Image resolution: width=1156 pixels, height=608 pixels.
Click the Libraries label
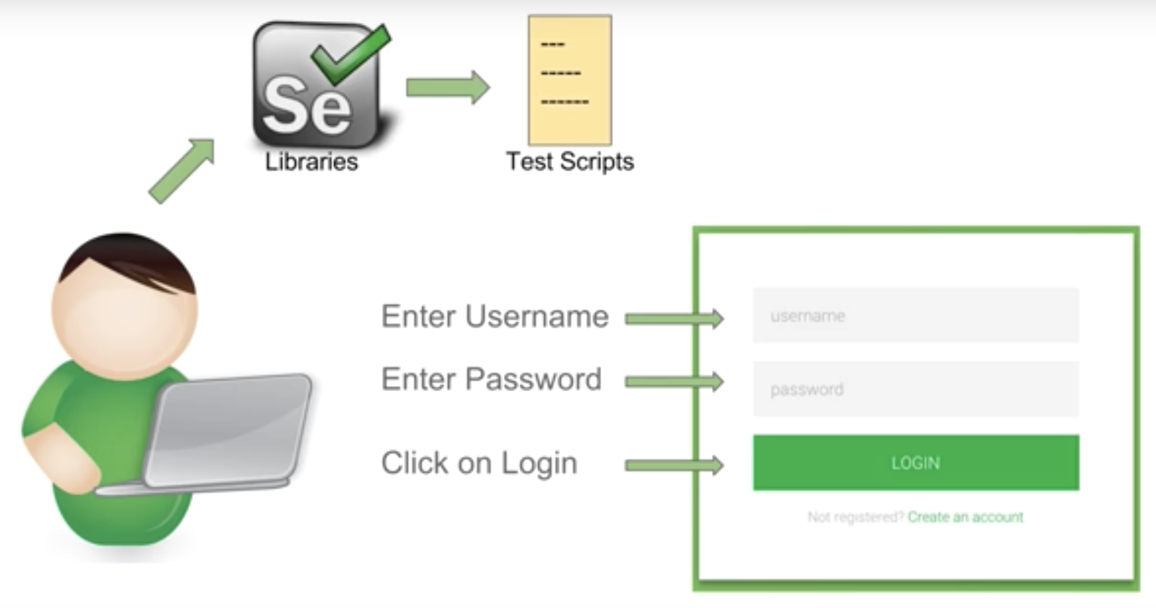coord(311,162)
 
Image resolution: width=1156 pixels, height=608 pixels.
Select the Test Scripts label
coord(570,162)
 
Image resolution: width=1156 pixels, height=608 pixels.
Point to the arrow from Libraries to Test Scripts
coord(447,87)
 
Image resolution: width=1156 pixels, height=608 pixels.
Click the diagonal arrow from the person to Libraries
coord(182,171)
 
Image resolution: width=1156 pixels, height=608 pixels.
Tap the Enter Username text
coord(494,316)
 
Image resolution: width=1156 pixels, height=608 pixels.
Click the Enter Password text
coord(491,379)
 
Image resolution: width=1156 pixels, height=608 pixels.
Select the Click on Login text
coord(479,463)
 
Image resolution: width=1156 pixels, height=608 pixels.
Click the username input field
coord(915,316)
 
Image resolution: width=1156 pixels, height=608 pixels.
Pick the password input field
coord(915,389)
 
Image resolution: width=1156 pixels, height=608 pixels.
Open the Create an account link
coord(965,517)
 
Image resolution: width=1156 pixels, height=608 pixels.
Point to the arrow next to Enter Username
coord(674,319)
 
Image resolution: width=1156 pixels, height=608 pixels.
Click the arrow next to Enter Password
coord(674,382)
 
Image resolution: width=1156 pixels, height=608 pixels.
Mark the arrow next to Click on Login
coord(674,466)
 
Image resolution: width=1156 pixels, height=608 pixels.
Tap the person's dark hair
coord(127,258)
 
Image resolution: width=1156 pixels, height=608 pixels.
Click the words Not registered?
coord(855,517)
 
